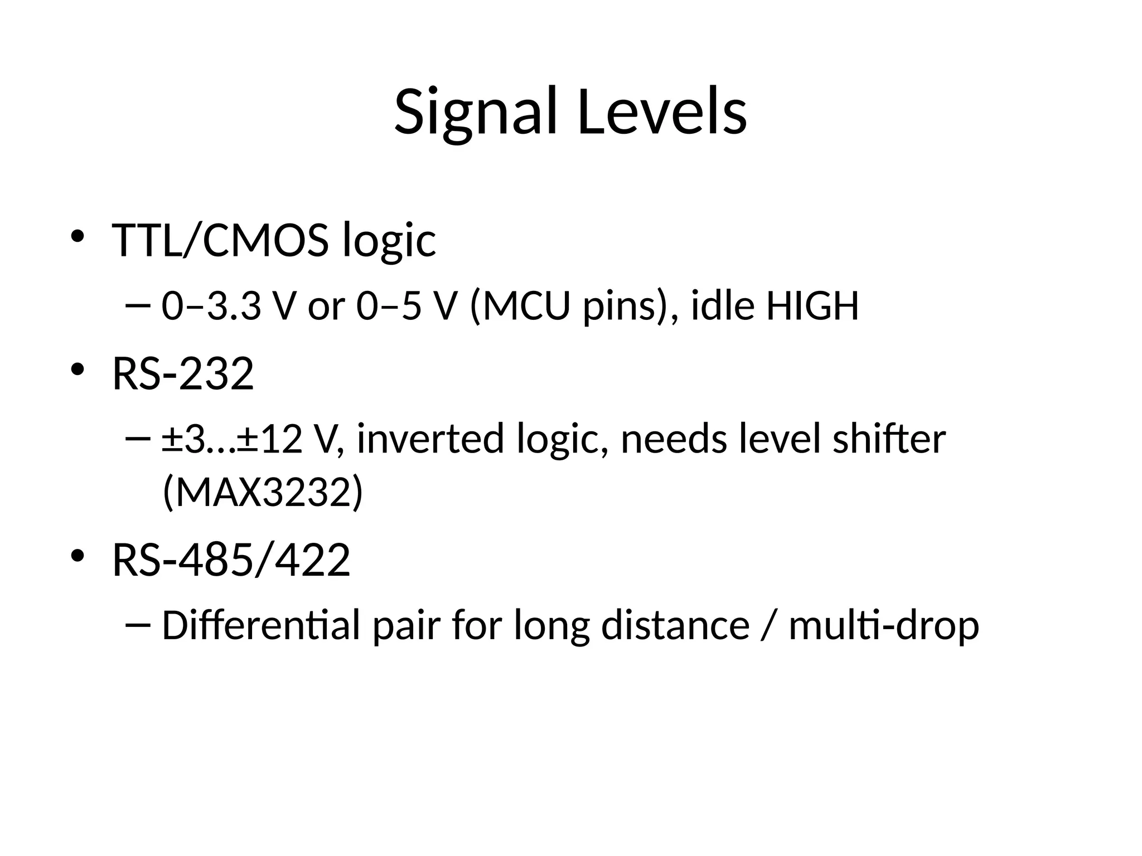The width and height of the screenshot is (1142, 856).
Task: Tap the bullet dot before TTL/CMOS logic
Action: pyautogui.click(x=77, y=235)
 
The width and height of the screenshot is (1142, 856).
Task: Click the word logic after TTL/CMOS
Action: pyautogui.click(x=389, y=241)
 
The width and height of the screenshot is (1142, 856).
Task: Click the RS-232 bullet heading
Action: pyautogui.click(x=183, y=374)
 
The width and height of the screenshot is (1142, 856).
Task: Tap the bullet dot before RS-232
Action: pyautogui.click(x=77, y=369)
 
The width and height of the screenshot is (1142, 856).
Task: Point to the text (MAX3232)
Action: pyautogui.click(x=263, y=493)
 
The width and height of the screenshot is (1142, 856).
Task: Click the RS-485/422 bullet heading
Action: pyautogui.click(x=231, y=560)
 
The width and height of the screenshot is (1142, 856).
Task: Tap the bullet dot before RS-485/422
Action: pyautogui.click(x=77, y=556)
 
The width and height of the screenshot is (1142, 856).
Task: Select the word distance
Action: pyautogui.click(x=675, y=625)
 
